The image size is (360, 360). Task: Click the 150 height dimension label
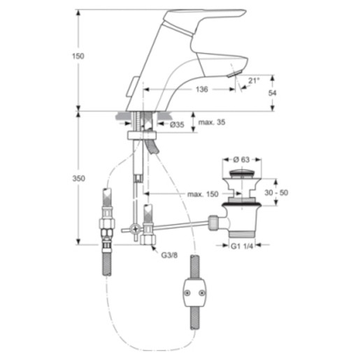[78, 56]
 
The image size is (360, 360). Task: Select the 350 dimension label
[78, 178]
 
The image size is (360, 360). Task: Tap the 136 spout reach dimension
[202, 89]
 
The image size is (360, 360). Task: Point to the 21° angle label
[254, 80]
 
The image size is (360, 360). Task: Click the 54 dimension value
[272, 93]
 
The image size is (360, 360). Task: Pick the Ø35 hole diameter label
[177, 125]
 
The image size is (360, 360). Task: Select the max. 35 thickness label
[212, 122]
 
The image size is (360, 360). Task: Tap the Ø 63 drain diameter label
[241, 159]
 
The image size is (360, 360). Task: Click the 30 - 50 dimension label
[276, 193]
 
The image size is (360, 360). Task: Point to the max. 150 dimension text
[203, 194]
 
